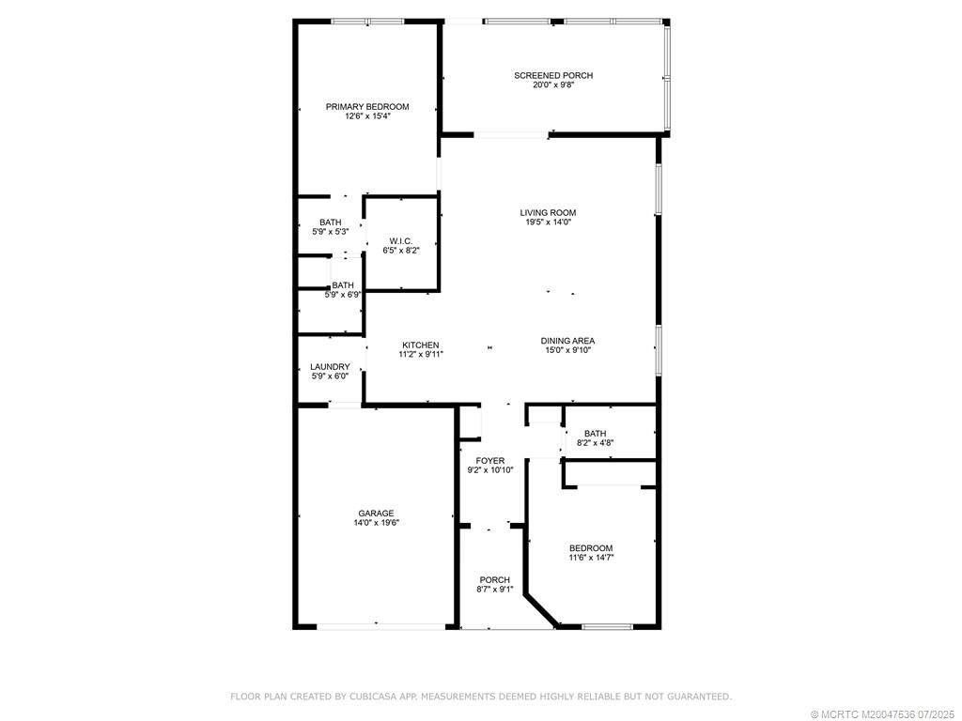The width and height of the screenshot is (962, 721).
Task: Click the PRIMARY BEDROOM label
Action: click(367, 107)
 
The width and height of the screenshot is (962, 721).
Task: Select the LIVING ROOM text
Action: click(548, 212)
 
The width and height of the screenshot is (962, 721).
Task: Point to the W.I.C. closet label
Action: click(401, 241)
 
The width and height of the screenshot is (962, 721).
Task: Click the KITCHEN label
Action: click(420, 345)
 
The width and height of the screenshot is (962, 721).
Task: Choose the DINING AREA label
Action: click(567, 341)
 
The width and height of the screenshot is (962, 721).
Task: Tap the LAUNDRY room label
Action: click(330, 367)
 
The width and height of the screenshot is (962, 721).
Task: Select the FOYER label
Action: click(490, 460)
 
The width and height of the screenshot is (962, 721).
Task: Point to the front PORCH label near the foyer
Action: click(494, 579)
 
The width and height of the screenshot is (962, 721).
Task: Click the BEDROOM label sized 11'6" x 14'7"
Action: click(591, 548)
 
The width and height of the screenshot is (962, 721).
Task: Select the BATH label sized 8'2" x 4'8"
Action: click(595, 434)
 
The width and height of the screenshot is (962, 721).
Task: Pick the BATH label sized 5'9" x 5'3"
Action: click(330, 222)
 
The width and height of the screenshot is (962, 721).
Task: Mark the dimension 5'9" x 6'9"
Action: click(343, 295)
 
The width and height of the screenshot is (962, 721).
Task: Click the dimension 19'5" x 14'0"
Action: click(548, 222)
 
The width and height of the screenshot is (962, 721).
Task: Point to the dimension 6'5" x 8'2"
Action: click(401, 251)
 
